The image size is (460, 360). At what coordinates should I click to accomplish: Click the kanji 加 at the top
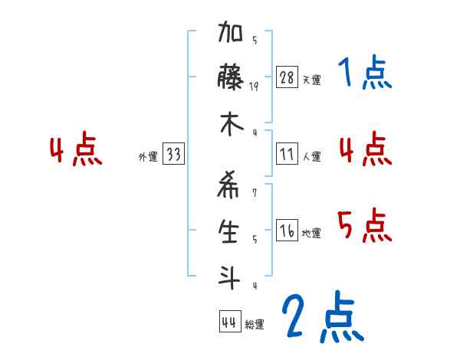tap(231, 34)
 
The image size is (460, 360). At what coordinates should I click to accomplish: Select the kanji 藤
tap(231, 77)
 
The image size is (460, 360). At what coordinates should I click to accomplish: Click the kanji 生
tap(231, 231)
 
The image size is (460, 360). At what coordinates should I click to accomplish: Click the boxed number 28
tap(287, 77)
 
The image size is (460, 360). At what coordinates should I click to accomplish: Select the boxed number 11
tap(287, 155)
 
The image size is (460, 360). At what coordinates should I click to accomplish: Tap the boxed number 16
tap(287, 231)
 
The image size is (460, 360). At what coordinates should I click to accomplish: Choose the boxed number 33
tap(173, 155)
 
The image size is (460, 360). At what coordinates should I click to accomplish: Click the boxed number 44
tap(229, 322)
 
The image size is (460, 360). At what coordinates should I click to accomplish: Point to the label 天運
tap(311, 80)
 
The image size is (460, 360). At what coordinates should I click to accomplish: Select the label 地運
tap(311, 234)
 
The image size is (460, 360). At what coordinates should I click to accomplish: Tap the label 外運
tap(148, 157)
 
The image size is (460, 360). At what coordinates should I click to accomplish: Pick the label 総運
tap(255, 325)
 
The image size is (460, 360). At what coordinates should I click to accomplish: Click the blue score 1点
tap(364, 74)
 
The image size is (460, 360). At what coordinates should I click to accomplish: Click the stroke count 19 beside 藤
tap(254, 86)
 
